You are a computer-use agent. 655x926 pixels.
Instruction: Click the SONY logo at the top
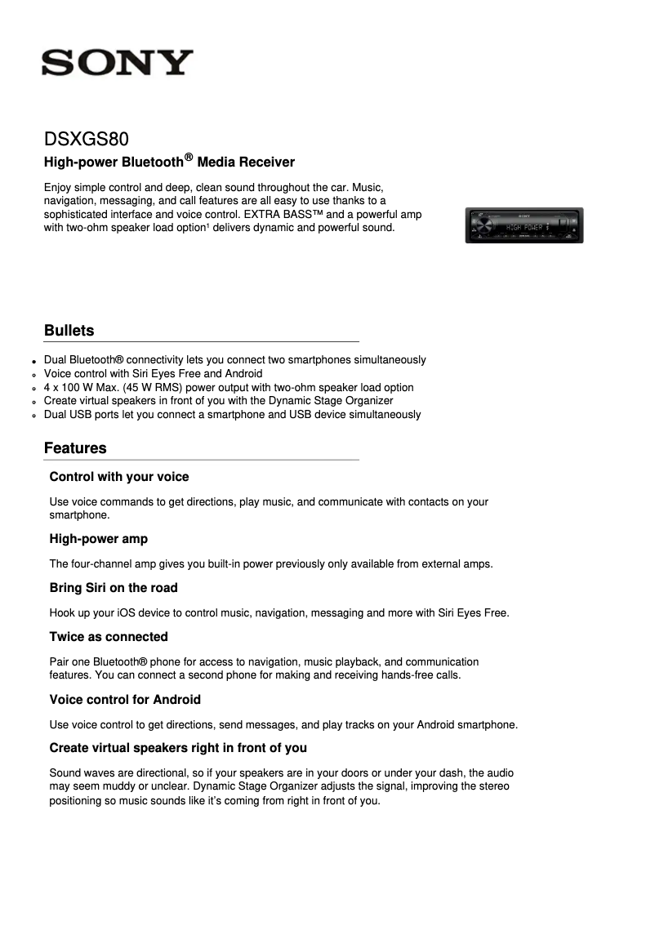pyautogui.click(x=118, y=62)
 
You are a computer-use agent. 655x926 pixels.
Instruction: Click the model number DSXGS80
pyautogui.click(x=86, y=140)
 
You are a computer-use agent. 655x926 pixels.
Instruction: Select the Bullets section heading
pyautogui.click(x=69, y=331)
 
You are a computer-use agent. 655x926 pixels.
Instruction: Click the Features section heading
pyautogui.click(x=75, y=448)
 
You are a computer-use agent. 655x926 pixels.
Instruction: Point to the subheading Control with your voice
pyautogui.click(x=119, y=477)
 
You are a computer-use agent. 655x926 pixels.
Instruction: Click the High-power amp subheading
pyautogui.click(x=98, y=539)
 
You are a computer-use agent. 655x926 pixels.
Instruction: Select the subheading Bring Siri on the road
pyautogui.click(x=114, y=588)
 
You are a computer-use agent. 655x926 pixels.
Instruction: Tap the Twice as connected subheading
pyautogui.click(x=109, y=637)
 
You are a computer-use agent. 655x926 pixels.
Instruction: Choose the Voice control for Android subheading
pyautogui.click(x=125, y=700)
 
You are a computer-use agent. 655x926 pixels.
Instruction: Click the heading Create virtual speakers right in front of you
pyautogui.click(x=178, y=748)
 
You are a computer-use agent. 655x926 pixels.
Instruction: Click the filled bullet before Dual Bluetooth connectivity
pyautogui.click(x=34, y=361)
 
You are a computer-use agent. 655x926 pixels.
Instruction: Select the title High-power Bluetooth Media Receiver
pyautogui.click(x=169, y=162)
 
